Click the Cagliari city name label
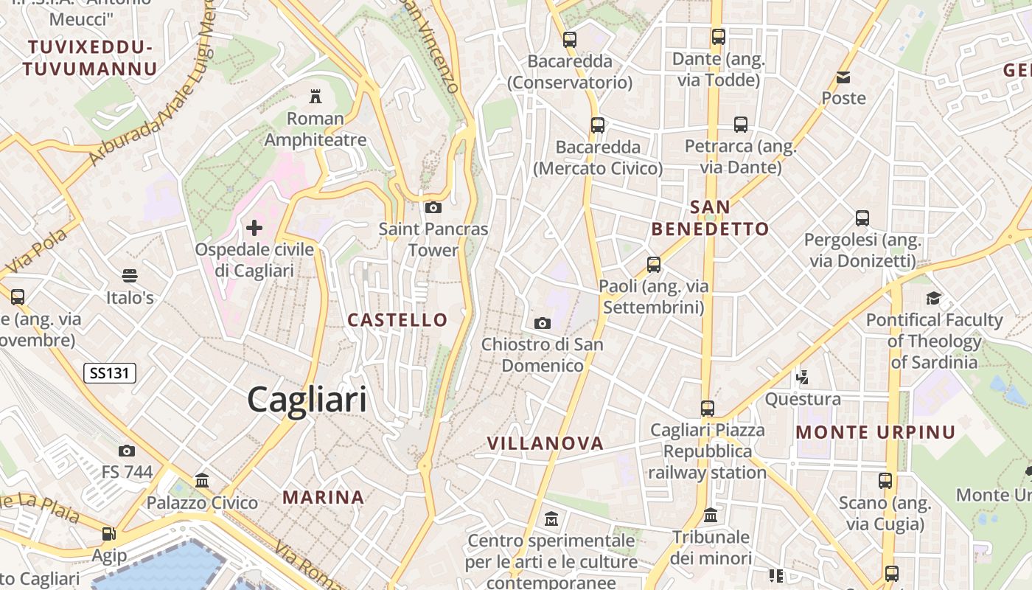[307, 400]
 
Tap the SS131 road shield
[110, 373]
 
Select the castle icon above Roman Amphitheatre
[315, 96]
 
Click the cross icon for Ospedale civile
[254, 228]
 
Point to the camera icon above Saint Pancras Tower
[433, 207]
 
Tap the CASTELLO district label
[397, 320]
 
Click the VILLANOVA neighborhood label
[545, 443]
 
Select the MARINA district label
[324, 498]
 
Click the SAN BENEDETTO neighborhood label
[711, 218]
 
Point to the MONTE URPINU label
[876, 432]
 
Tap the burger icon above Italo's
[130, 276]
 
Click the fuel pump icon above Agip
[108, 533]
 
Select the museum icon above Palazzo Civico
[202, 481]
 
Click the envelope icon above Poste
[843, 77]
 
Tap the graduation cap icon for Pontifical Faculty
[934, 298]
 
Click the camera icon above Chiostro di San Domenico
[542, 323]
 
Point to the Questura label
[803, 399]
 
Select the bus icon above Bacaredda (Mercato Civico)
[598, 125]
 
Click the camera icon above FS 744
[127, 451]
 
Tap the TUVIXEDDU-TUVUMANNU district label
[91, 58]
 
